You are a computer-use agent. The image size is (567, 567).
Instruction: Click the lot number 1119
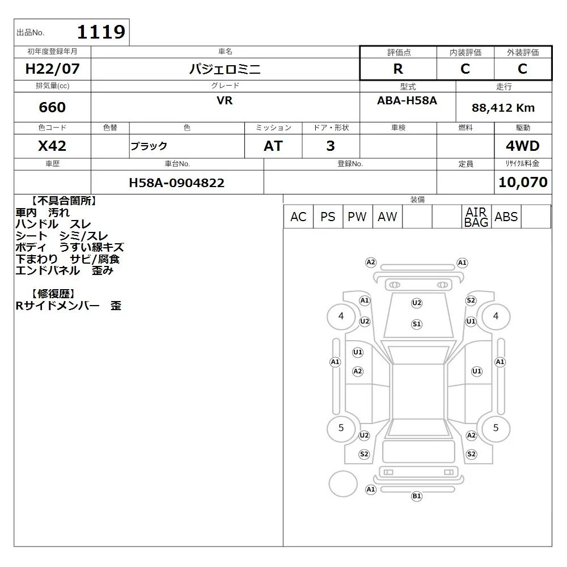coord(101,32)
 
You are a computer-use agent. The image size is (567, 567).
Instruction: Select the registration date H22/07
coord(52,69)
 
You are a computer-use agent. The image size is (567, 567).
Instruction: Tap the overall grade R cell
coord(398,69)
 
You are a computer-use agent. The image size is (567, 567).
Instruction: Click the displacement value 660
coord(52,107)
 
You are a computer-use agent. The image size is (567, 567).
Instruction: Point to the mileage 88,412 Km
coord(503,108)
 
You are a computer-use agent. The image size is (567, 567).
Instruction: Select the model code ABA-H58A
coord(407,100)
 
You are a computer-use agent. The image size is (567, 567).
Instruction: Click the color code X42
coord(52,146)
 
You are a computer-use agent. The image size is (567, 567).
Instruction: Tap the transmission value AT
coord(273,146)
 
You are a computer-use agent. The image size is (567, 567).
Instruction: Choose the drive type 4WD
coord(523,146)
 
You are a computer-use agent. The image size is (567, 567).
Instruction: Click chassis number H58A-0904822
coord(177,183)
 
